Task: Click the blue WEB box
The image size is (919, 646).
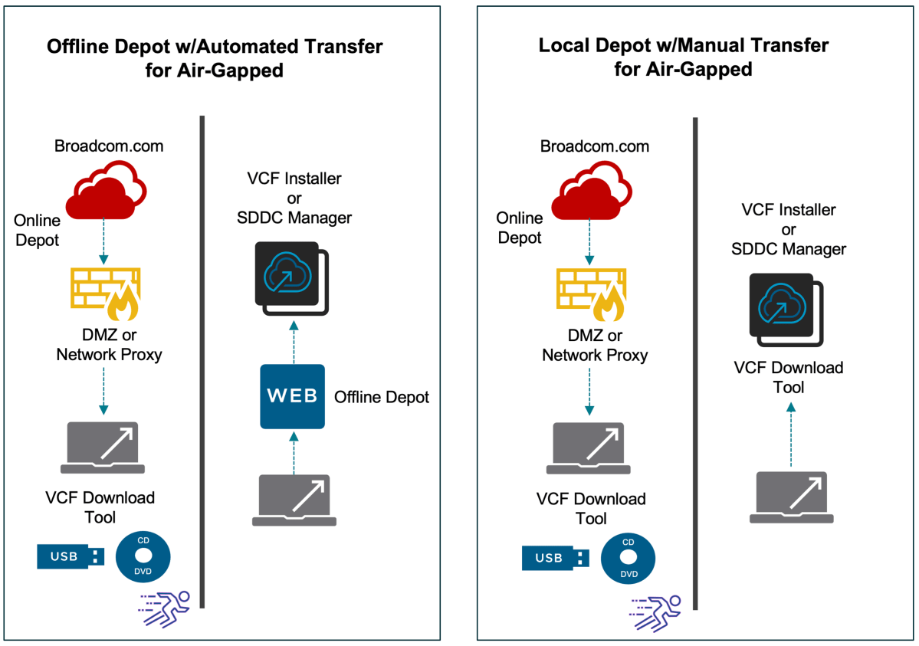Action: pos(292,396)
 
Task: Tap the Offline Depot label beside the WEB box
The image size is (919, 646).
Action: pos(381,397)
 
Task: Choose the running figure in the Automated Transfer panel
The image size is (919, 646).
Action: pos(163,609)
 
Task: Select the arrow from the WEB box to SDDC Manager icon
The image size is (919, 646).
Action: pos(293,342)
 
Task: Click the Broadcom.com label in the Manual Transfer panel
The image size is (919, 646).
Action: pos(595,146)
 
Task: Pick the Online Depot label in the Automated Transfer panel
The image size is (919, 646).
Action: pos(37,230)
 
